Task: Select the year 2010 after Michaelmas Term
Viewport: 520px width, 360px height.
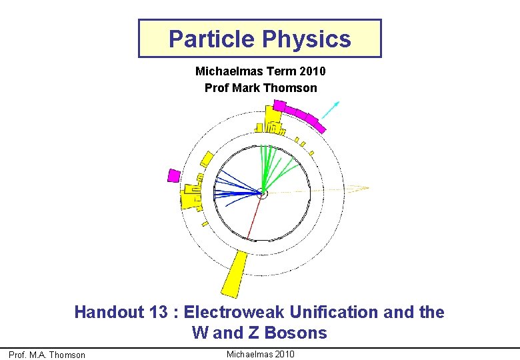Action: pyautogui.click(x=311, y=71)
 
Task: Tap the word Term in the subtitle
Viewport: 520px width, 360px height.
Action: pyautogui.click(x=281, y=71)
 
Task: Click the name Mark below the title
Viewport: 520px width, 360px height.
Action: pyautogui.click(x=245, y=88)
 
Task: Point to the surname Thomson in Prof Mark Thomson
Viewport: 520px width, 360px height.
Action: pyautogui.click(x=290, y=88)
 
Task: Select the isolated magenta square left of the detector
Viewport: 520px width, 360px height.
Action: pyautogui.click(x=173, y=175)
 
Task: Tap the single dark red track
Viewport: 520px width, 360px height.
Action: pyautogui.click(x=253, y=218)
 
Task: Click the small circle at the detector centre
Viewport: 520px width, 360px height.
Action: pyautogui.click(x=262, y=194)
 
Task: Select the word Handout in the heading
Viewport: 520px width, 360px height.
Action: pyautogui.click(x=107, y=312)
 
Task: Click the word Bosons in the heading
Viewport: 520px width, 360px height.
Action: pyautogui.click(x=299, y=332)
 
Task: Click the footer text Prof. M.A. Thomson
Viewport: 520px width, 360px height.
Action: pyautogui.click(x=47, y=355)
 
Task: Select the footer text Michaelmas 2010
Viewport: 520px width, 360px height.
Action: pyautogui.click(x=260, y=354)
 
